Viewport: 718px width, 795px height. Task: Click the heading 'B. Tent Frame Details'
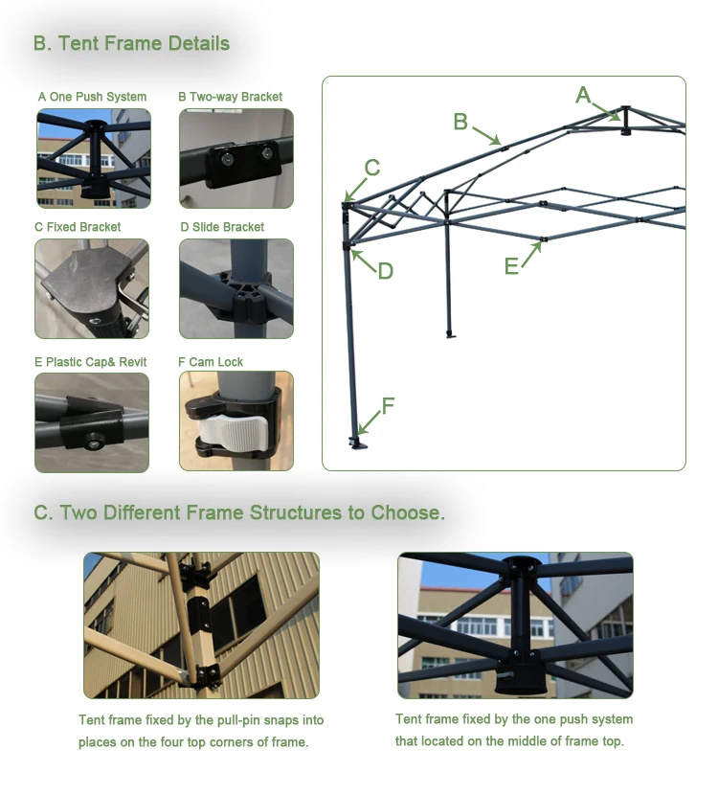(132, 44)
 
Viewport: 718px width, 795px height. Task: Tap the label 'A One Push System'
(92, 97)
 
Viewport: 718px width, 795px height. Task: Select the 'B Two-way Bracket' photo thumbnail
(236, 158)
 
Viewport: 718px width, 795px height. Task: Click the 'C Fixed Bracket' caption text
(78, 227)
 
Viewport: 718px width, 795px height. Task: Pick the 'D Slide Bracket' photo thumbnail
(236, 288)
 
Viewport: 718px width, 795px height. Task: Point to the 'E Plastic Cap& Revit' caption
(90, 362)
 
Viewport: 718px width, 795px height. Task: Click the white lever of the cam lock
(233, 432)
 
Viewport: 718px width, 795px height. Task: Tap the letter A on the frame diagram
(583, 95)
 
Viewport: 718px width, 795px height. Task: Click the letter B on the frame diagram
(460, 122)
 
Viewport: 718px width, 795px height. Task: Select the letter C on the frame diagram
(371, 168)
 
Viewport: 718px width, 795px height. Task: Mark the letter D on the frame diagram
(386, 271)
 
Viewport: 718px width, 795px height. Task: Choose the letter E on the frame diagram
(511, 266)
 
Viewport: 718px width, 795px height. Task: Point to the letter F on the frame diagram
(388, 406)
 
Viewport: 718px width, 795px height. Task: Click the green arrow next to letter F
(370, 422)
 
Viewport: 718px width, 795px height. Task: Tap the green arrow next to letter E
(531, 255)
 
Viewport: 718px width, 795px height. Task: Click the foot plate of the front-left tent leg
(358, 444)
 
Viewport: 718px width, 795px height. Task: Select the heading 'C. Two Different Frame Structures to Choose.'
(239, 512)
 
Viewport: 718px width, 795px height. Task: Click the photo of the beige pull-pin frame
(202, 625)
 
